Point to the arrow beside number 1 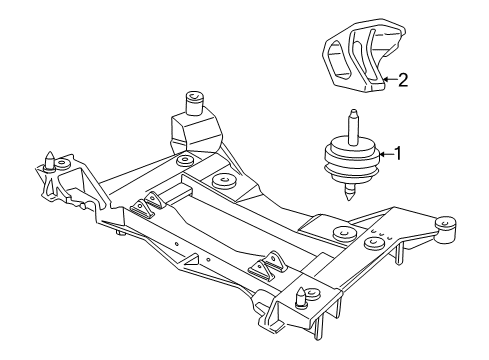386,154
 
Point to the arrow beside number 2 388,80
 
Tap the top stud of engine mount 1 355,126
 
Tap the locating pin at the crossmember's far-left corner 49,159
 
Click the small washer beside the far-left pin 64,162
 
